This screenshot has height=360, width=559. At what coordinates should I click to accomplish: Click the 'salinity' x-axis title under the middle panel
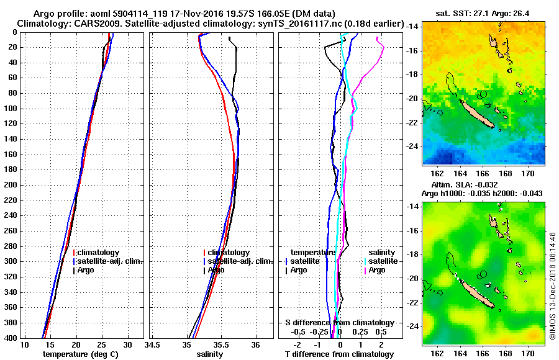(x=209, y=354)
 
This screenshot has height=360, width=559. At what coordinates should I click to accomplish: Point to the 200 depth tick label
(x=9, y=185)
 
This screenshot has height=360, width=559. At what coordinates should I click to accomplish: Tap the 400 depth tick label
(x=9, y=338)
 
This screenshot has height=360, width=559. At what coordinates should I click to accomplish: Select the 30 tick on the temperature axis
(x=128, y=345)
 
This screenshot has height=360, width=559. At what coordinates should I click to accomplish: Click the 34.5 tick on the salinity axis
(x=153, y=345)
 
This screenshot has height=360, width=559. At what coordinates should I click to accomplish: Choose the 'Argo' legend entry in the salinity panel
(x=216, y=270)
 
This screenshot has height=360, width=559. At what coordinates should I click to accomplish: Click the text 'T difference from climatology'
(x=339, y=354)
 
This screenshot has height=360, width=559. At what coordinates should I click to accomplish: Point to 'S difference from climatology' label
(x=339, y=323)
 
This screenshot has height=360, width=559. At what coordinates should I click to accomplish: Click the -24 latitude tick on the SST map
(x=415, y=146)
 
